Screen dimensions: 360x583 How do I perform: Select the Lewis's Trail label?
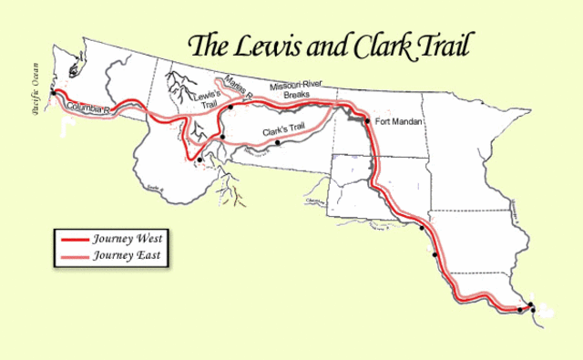(x=203, y=98)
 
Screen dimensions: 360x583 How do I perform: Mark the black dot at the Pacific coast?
(x=55, y=93)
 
